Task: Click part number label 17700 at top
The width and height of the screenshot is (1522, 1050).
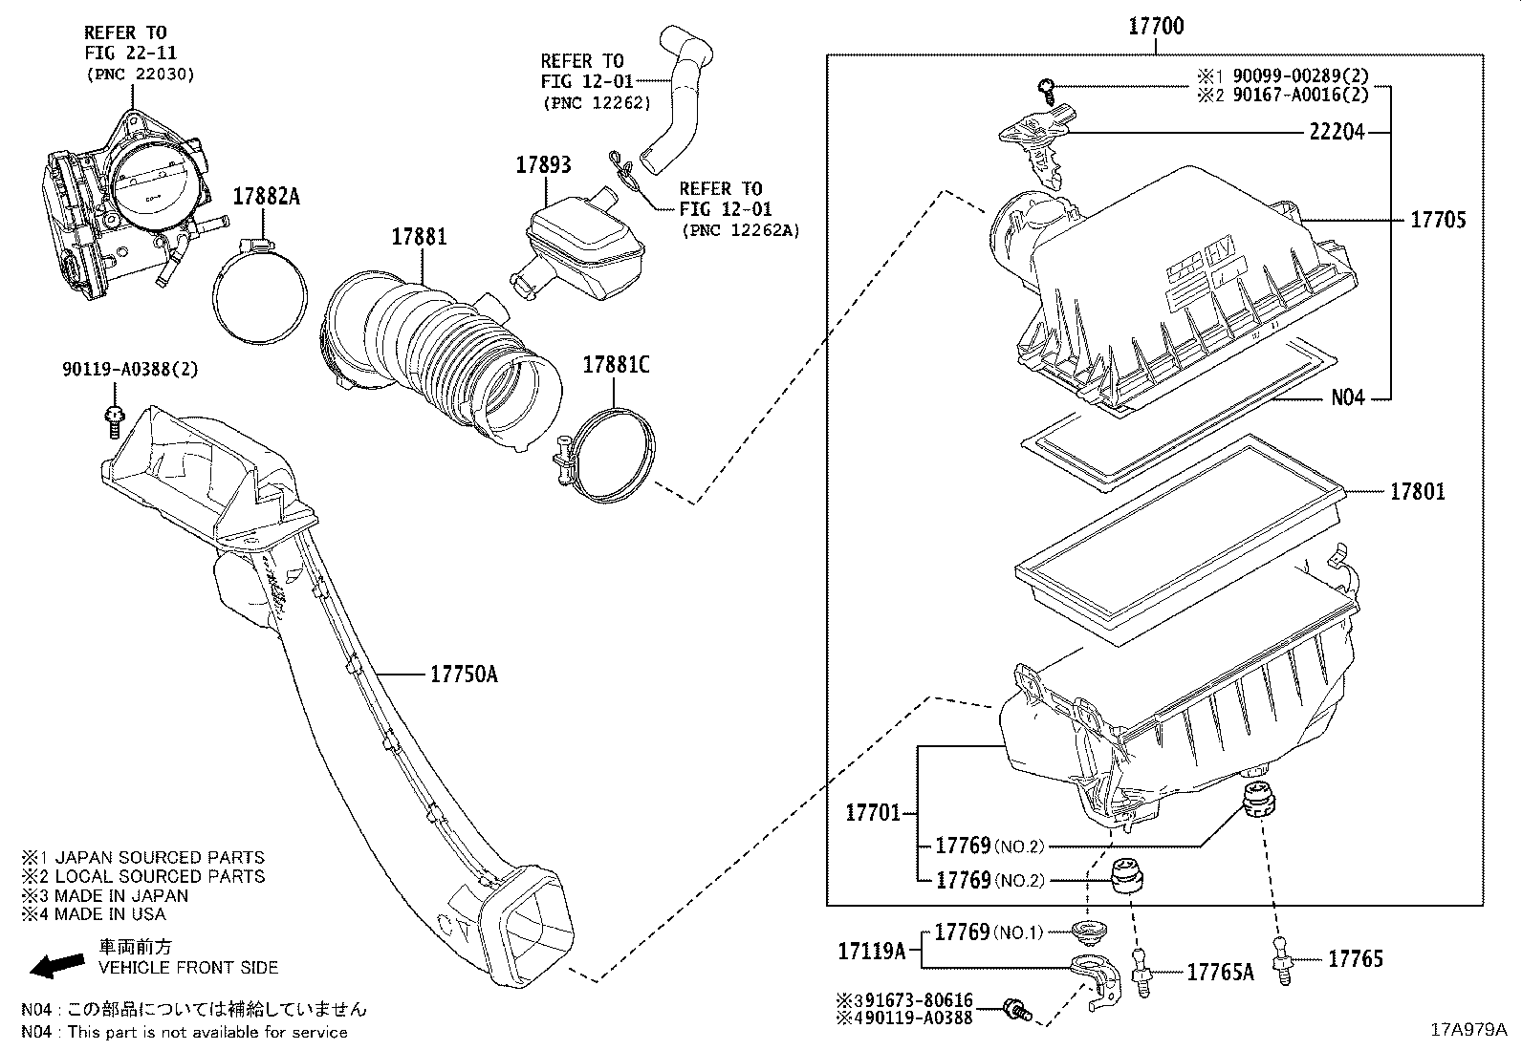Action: coord(1156,26)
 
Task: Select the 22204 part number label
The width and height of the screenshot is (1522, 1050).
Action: coord(1336,133)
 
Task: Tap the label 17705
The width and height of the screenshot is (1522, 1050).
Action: coord(1438,220)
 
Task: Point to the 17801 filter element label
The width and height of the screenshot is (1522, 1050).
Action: coord(1417,492)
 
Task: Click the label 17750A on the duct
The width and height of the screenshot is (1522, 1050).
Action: coord(464,675)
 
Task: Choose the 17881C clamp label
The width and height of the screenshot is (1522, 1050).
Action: coord(616,364)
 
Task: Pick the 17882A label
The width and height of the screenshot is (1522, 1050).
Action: coord(267,197)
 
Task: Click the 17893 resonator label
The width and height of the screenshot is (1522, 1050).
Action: coord(543,164)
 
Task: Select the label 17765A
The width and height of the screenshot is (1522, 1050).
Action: coord(1220,972)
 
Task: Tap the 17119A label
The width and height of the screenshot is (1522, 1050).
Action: coord(871,951)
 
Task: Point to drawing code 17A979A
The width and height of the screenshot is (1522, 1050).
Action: coord(1468,1030)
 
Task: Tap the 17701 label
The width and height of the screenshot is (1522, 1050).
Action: coord(872,813)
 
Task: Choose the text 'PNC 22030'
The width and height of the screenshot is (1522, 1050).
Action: coord(140,74)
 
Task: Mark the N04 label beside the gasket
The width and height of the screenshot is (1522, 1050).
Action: coord(1348,397)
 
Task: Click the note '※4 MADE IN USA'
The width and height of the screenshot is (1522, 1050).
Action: coord(95,914)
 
